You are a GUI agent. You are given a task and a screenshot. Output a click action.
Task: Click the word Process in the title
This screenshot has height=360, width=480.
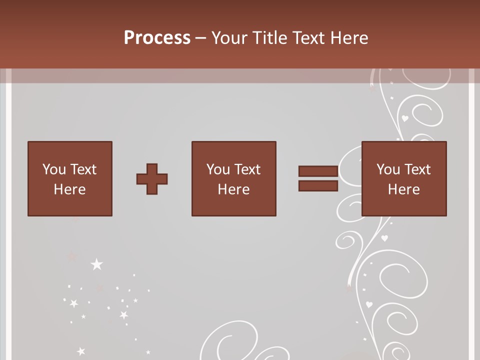click(157, 38)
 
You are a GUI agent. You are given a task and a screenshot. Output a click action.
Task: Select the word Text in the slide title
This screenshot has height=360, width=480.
click(308, 38)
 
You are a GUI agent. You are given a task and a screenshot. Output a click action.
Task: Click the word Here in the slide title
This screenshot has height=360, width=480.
click(349, 38)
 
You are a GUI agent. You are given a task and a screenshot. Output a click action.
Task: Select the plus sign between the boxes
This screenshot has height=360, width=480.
click(152, 178)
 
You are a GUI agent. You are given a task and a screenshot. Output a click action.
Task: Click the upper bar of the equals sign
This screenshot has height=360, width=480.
click(318, 171)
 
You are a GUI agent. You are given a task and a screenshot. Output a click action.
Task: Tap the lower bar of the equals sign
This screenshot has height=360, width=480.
click(318, 186)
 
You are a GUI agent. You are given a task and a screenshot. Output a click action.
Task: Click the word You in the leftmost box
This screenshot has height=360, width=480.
click(54, 169)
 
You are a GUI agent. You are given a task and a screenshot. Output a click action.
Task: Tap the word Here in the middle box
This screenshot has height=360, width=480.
click(233, 189)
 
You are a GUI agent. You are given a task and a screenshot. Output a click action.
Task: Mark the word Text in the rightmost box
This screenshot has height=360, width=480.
click(417, 169)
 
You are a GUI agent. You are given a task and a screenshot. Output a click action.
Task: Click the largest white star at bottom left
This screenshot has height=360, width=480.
click(96, 264)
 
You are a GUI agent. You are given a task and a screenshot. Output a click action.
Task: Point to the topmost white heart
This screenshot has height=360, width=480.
click(405, 118)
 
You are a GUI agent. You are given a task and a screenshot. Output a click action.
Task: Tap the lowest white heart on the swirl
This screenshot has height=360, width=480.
click(369, 304)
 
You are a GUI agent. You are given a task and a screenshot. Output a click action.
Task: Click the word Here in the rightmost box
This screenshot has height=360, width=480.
click(403, 189)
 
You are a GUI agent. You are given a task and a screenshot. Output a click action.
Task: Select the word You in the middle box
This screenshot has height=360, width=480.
click(218, 169)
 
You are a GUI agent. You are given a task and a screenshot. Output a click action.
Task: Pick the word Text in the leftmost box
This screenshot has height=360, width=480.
click(83, 169)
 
